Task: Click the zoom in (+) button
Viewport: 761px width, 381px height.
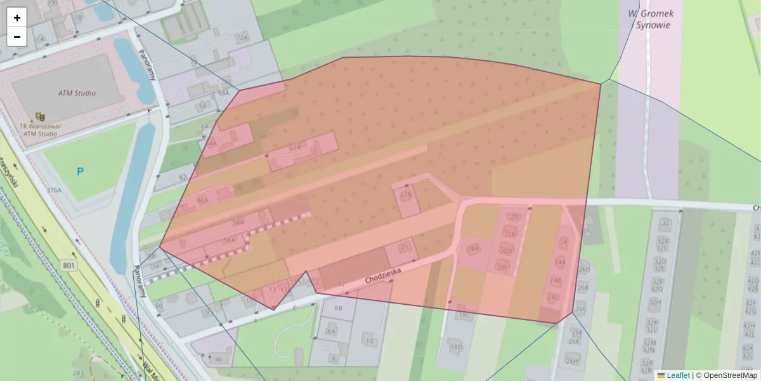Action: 17,18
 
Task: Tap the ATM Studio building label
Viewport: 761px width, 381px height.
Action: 77,93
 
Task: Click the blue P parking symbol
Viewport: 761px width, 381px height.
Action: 80,171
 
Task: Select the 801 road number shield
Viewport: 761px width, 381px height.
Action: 69,264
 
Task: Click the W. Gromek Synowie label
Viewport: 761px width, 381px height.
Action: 650,19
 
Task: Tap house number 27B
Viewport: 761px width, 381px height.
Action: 406,195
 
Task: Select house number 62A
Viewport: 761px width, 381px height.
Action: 294,148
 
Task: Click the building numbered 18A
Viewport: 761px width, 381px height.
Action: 472,248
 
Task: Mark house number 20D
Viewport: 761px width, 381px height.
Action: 505,251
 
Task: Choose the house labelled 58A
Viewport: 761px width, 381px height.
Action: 238,223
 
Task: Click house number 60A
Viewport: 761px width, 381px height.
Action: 202,200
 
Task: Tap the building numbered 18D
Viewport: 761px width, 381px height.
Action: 455,347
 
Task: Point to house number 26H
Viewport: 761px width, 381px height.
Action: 573,361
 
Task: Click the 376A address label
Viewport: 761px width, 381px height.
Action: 54,190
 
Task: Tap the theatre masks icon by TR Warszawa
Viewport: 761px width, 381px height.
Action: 40,116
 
